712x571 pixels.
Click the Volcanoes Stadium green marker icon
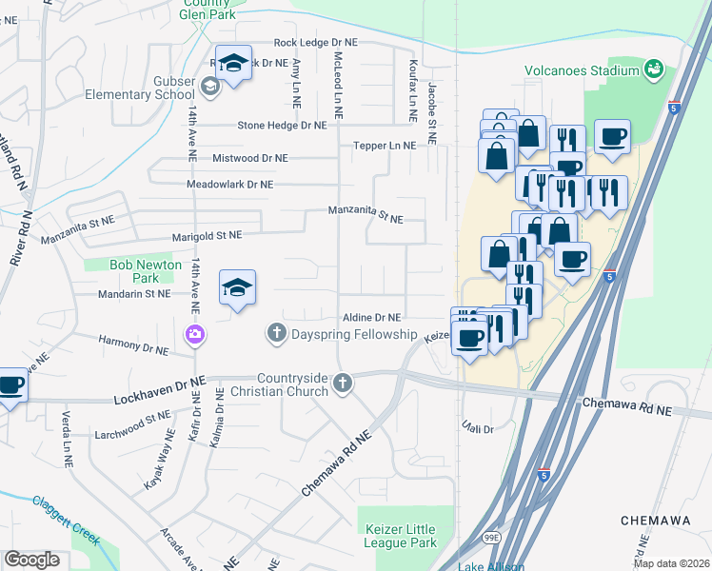(x=653, y=69)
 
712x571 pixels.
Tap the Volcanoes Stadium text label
(x=582, y=70)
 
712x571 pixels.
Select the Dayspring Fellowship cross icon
(x=276, y=333)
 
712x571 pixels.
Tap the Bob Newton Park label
(x=132, y=271)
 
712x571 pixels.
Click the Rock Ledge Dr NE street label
(x=314, y=43)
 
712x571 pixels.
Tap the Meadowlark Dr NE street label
(x=230, y=184)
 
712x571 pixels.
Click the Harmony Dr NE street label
(x=132, y=344)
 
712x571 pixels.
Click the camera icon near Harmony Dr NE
(x=194, y=333)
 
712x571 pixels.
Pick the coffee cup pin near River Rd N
(x=10, y=386)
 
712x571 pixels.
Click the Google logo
(x=31, y=560)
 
